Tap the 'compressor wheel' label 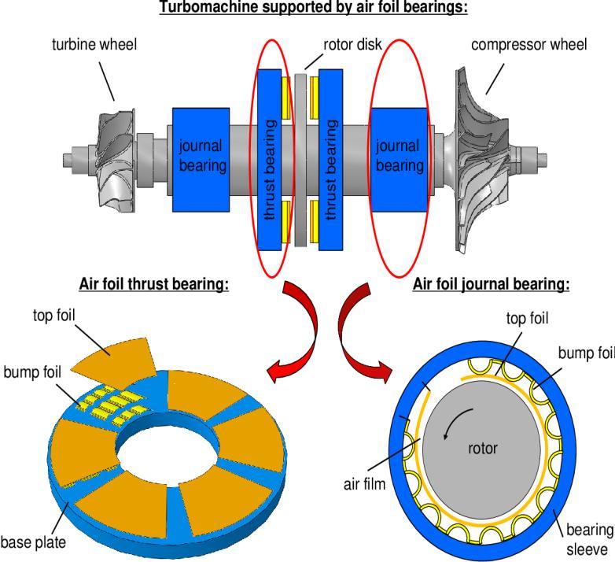[x=528, y=44]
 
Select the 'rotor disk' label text [x=342, y=45]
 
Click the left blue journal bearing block [x=200, y=156]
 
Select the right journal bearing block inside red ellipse [x=399, y=156]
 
